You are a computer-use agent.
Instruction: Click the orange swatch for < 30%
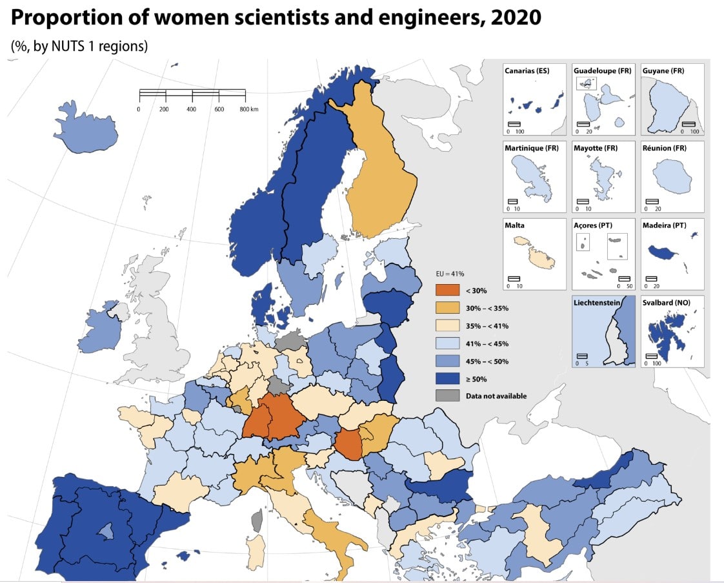(447, 291)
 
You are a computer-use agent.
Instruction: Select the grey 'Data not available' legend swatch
(447, 396)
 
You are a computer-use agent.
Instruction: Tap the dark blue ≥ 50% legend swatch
(447, 378)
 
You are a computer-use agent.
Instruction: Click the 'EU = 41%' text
(450, 274)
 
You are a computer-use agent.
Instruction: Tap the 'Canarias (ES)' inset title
(527, 70)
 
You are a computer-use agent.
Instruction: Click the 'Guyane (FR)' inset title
(663, 70)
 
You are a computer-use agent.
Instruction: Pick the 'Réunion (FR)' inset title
(665, 148)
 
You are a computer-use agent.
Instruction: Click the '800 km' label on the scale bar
(248, 110)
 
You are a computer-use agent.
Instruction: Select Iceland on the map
(88, 127)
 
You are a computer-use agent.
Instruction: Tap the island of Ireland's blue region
(94, 329)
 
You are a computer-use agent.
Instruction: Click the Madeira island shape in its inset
(661, 251)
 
